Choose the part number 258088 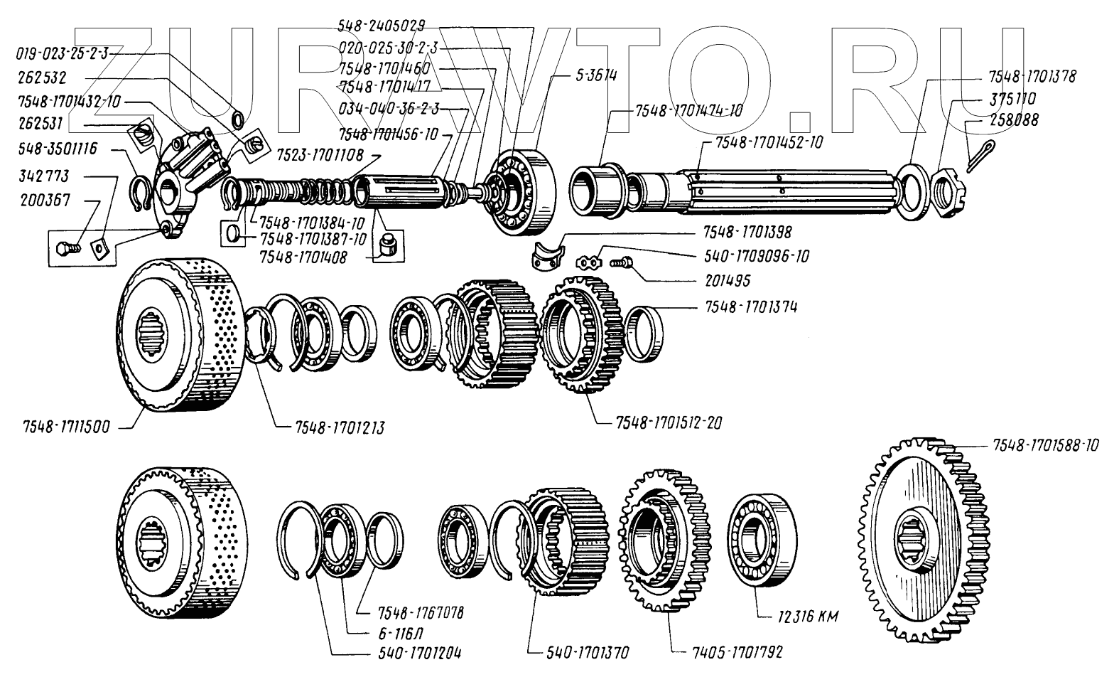click(1013, 121)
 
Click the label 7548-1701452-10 click(769, 142)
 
